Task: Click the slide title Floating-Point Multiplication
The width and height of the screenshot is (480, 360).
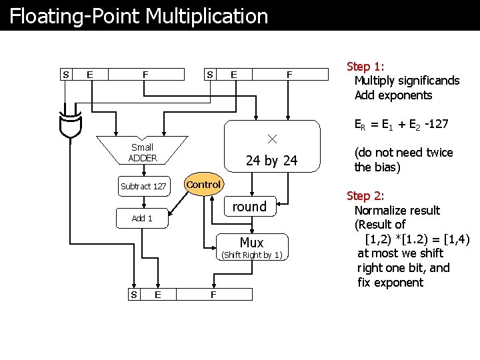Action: (139, 16)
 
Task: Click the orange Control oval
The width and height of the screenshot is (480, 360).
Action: (203, 185)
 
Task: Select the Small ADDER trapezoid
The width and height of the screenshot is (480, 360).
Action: (142, 153)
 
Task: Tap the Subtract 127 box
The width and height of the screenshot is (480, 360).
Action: (143, 186)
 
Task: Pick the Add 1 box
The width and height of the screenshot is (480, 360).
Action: (142, 219)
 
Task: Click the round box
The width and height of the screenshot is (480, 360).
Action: (249, 207)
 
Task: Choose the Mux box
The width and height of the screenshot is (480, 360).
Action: (251, 243)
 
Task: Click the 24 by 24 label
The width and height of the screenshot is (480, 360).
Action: (271, 161)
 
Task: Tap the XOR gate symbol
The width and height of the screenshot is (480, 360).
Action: (69, 123)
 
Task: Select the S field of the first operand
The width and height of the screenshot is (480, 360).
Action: (65, 75)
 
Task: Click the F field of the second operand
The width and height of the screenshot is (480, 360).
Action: (289, 75)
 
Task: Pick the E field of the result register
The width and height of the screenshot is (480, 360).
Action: (157, 294)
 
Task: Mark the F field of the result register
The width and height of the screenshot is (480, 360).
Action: (213, 294)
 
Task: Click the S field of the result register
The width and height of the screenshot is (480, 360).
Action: (134, 294)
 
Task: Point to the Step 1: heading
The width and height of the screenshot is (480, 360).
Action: (365, 66)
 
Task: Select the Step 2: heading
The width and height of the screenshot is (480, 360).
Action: (365, 196)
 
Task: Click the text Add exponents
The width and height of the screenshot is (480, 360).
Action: (393, 95)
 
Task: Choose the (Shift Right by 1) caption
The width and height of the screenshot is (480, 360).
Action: (251, 255)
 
